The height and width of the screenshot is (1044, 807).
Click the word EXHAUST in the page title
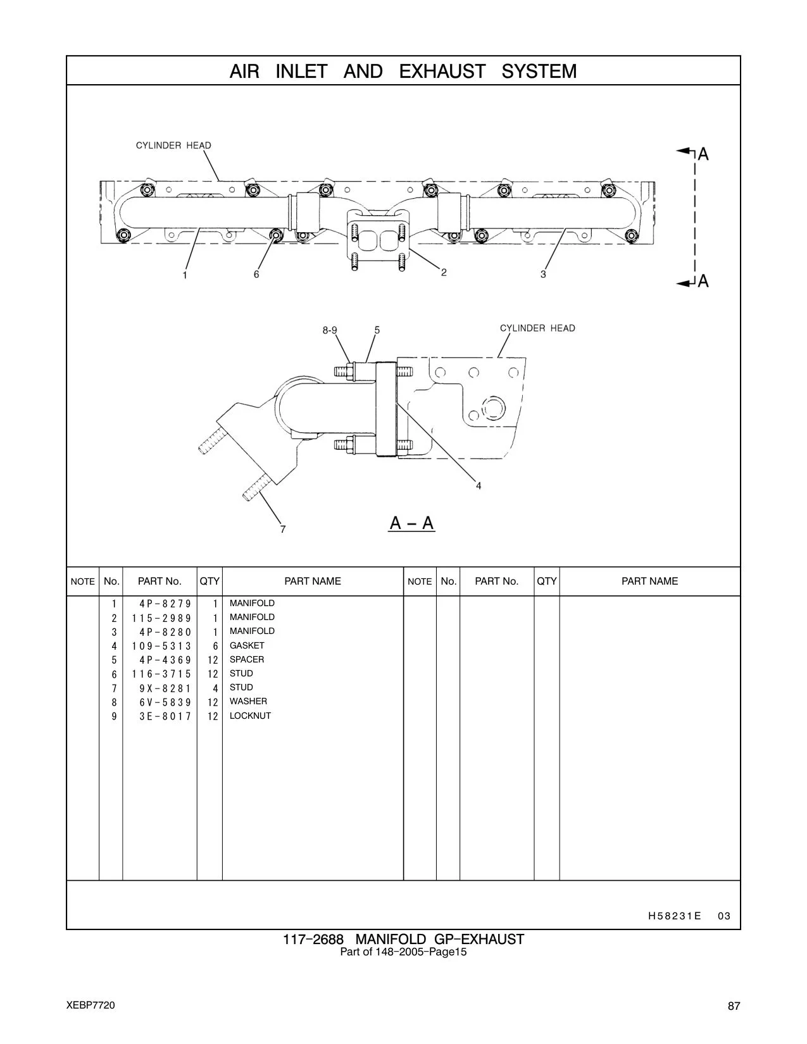click(x=442, y=71)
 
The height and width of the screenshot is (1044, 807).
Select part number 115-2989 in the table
click(x=161, y=618)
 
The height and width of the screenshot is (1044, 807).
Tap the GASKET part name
click(x=247, y=645)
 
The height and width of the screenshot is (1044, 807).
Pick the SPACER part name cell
click(x=247, y=659)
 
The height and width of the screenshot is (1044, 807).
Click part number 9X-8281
click(x=165, y=688)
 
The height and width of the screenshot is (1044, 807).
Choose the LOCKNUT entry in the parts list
click(x=250, y=716)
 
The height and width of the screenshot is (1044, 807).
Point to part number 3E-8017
click(x=165, y=716)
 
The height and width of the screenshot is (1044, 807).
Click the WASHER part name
click(x=248, y=701)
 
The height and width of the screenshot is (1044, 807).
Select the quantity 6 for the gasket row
click(x=215, y=646)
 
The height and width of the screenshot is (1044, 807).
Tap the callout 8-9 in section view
click(x=330, y=330)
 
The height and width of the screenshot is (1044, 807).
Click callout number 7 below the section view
click(x=283, y=529)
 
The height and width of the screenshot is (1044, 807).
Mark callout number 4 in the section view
click(x=479, y=486)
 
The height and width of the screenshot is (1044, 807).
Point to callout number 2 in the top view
click(x=444, y=273)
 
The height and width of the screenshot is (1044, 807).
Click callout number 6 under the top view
click(x=256, y=274)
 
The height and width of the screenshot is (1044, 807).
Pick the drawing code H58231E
click(x=674, y=916)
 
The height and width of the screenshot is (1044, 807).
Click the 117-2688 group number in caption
click(x=313, y=939)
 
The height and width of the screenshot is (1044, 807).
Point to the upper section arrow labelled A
click(x=692, y=153)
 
